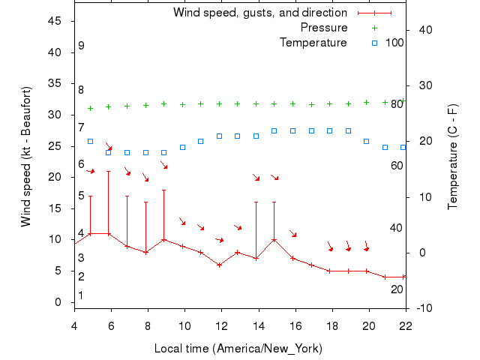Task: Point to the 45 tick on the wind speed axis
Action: click(55, 21)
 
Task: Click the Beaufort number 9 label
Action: click(81, 46)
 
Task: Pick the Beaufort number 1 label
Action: click(81, 295)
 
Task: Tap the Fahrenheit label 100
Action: click(394, 42)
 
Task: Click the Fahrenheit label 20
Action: click(397, 289)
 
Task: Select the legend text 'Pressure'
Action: click(323, 28)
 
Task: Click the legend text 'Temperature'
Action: click(313, 42)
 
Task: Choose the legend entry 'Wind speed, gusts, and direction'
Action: click(259, 13)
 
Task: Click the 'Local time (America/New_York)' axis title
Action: click(238, 349)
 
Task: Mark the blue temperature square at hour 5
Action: click(91, 141)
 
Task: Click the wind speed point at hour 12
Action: click(219, 265)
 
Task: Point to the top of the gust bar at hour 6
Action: click(109, 171)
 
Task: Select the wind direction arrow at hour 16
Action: click(293, 234)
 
